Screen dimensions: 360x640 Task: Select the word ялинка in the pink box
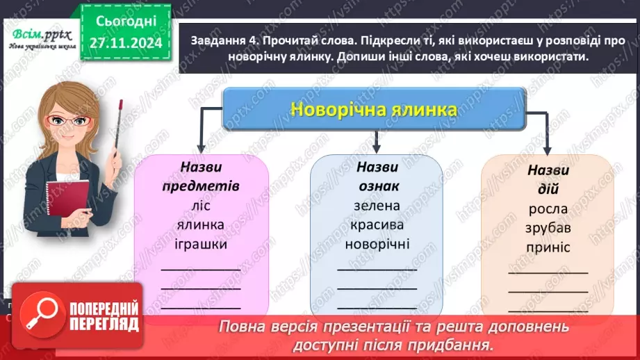click(x=200, y=225)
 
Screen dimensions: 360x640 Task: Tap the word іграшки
click(x=200, y=245)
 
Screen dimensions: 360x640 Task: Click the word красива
click(x=377, y=224)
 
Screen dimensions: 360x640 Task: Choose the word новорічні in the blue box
click(x=377, y=244)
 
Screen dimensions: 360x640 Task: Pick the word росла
click(x=548, y=208)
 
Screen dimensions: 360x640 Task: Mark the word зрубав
click(x=548, y=228)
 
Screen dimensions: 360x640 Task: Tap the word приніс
click(x=548, y=247)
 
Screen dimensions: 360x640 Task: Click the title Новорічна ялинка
click(x=374, y=110)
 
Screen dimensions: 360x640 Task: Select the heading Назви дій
click(x=548, y=179)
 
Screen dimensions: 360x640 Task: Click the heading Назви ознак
click(x=377, y=177)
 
